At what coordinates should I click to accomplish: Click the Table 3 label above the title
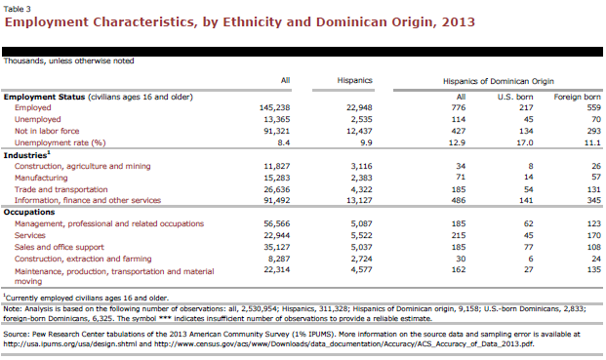[17, 9]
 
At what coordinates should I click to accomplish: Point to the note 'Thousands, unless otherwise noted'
[68, 61]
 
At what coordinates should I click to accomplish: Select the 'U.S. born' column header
[515, 97]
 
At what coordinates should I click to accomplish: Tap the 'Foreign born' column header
[577, 97]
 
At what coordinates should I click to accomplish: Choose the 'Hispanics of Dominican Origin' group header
[499, 81]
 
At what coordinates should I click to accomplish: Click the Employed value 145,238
[274, 107]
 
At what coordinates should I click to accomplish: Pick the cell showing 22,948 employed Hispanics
[359, 107]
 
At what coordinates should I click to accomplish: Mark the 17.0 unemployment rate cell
[524, 142]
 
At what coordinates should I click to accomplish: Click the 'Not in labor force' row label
[47, 131]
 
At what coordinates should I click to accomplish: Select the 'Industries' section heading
[26, 155]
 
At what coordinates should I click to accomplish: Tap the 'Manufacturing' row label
[41, 179]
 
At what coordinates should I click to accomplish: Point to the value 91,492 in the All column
[277, 200]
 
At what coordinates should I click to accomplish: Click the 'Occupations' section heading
[29, 212]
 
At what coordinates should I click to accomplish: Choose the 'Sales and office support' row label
[60, 247]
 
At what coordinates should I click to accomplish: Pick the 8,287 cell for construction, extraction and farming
[279, 259]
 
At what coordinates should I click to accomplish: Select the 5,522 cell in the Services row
[361, 236]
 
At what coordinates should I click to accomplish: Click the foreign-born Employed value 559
[593, 107]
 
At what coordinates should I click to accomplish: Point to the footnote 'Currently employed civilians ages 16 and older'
[86, 299]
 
